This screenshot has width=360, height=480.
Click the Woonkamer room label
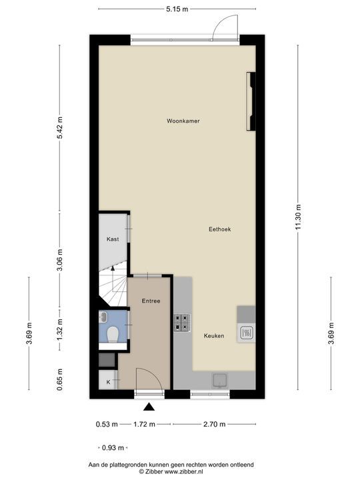pyautogui.click(x=183, y=121)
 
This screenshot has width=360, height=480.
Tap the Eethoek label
pyautogui.click(x=220, y=229)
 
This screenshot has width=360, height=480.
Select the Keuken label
pyautogui.click(x=214, y=336)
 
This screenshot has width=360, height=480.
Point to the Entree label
pyautogui.click(x=151, y=301)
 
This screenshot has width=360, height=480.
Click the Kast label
pyautogui.click(x=113, y=239)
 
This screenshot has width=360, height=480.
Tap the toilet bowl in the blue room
pyautogui.click(x=113, y=334)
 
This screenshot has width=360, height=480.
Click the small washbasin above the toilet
pyautogui.click(x=103, y=317)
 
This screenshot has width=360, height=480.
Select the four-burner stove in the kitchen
pyautogui.click(x=182, y=323)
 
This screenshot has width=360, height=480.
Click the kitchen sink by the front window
pyautogui.click(x=220, y=381)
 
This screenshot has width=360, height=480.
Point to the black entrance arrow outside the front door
pyautogui.click(x=149, y=407)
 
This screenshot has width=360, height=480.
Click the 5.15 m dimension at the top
pyautogui.click(x=177, y=9)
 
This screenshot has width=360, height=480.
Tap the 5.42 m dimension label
pyautogui.click(x=60, y=128)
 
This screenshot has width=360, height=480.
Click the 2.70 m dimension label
pyautogui.click(x=214, y=424)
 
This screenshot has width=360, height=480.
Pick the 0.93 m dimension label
pyautogui.click(x=113, y=448)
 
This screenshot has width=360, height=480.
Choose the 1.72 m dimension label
pyautogui.click(x=144, y=424)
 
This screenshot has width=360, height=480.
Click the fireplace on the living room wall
pyautogui.click(x=251, y=101)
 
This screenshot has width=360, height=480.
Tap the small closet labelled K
pyautogui.click(x=108, y=379)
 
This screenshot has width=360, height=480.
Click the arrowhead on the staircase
pyautogui.click(x=113, y=269)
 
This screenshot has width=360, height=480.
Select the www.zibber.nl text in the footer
pyautogui.click(x=184, y=472)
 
